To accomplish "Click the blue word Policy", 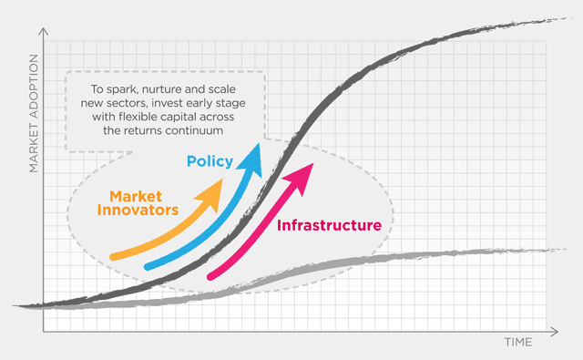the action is (x=210, y=162).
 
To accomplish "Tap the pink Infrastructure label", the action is (x=329, y=225).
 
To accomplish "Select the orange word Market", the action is (x=136, y=196).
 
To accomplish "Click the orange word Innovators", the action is (x=138, y=211).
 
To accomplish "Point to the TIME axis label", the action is (x=518, y=342).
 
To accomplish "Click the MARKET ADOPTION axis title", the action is (x=34, y=113).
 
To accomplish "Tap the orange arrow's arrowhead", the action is (x=210, y=195).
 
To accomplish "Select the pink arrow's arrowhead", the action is (x=301, y=178).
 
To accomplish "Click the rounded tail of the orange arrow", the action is (x=114, y=257).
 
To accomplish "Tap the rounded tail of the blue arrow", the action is (x=148, y=266).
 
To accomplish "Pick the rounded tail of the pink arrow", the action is (x=210, y=276).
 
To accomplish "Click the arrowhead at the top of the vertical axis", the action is (x=44, y=30).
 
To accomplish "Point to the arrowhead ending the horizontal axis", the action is (x=555, y=332).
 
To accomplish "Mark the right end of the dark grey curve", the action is (x=571, y=18).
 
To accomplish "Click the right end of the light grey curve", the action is (x=568, y=249).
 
